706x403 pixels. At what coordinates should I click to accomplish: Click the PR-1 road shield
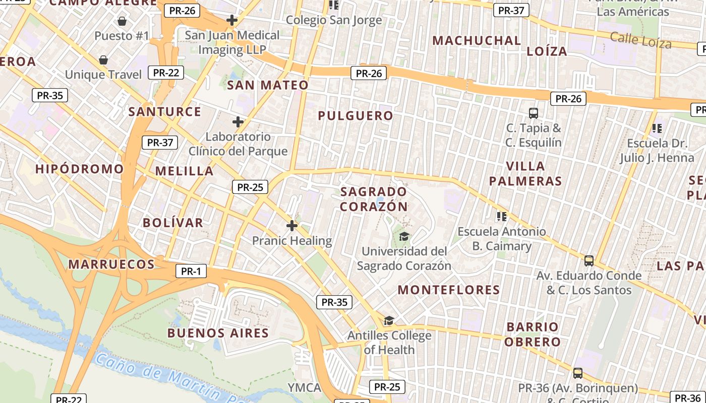pos(191,272)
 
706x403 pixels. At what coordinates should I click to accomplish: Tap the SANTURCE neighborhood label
pos(165,111)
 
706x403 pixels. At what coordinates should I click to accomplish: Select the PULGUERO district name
pos(355,116)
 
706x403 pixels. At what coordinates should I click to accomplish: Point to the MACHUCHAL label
pos(477,41)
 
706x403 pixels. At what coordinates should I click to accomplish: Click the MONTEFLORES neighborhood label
pos(449,290)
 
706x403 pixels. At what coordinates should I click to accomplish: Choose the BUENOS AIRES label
pos(218,333)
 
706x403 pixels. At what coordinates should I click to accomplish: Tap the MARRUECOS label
pos(111,264)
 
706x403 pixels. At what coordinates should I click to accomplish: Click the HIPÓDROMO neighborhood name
pos(79,169)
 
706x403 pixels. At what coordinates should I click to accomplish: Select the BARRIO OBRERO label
pos(533,334)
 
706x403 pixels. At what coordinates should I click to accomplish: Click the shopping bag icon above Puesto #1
pos(122,21)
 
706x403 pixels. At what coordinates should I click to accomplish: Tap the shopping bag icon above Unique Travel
pos(103,60)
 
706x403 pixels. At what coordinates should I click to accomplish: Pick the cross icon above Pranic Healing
pos(291,226)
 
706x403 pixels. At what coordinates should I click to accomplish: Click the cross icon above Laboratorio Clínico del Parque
pos(238,122)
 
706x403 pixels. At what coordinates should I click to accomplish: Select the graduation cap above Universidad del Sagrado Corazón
pos(404,236)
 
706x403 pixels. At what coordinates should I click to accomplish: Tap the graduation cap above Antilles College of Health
pos(389,321)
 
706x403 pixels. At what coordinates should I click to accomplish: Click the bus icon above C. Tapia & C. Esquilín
pos(533,113)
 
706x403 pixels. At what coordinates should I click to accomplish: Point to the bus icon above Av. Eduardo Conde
pos(589,261)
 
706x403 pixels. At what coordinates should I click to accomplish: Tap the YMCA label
pos(304,387)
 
